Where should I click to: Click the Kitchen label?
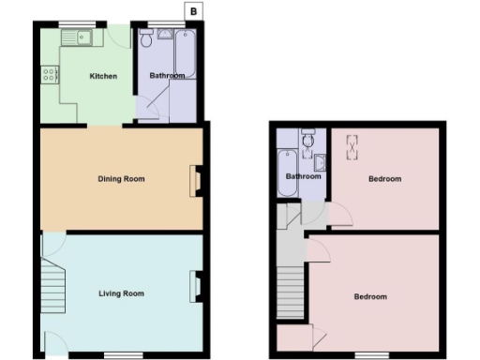[x=103, y=76]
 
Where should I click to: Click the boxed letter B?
[x=192, y=11]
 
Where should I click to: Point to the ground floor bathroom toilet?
[x=145, y=41]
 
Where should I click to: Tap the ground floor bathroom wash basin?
[x=165, y=35]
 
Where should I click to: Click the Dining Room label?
[x=122, y=178]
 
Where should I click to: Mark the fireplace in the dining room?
[x=197, y=180]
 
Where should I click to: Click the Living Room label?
[x=122, y=293]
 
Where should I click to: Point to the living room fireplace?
[x=197, y=286]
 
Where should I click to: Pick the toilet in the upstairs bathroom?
[x=307, y=142]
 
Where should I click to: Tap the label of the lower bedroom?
[x=370, y=297]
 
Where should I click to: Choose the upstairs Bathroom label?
[x=304, y=176]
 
